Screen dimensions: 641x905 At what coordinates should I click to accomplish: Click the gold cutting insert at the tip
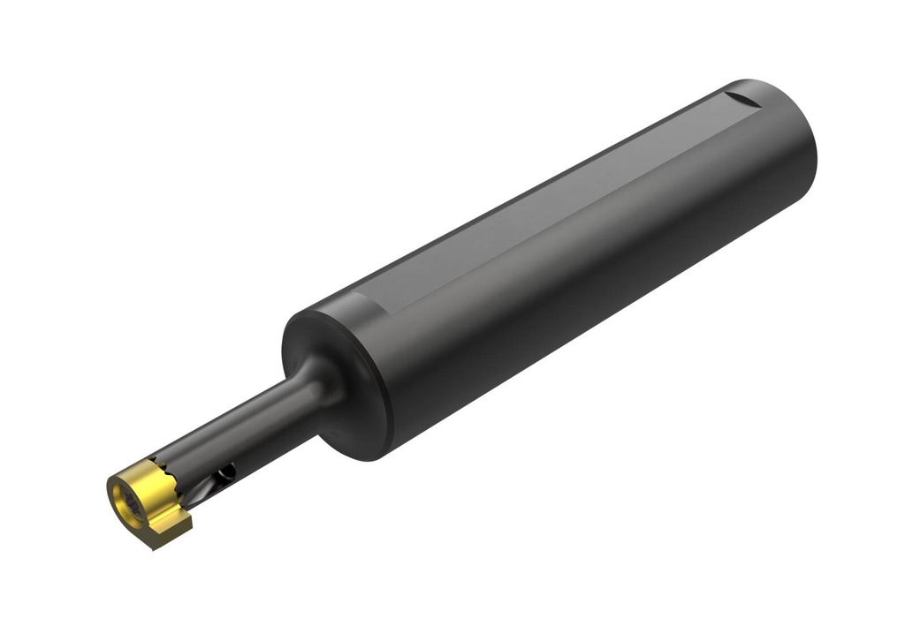[x=146, y=499]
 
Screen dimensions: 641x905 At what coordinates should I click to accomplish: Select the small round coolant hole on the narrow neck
[x=227, y=473]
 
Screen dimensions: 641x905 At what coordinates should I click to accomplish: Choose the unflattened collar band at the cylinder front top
[x=354, y=305]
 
